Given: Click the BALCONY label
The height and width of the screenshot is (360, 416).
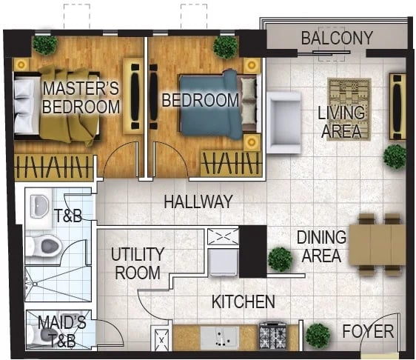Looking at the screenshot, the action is click(x=337, y=38).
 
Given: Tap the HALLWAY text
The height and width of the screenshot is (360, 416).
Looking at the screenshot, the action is click(x=198, y=201).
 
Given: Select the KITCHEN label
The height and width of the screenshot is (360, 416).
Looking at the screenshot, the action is click(x=244, y=301).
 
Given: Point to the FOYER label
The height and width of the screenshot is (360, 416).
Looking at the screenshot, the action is click(x=368, y=331).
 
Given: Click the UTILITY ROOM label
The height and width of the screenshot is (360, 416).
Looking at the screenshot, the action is click(x=138, y=264).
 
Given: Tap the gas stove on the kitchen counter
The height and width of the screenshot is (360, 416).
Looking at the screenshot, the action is click(x=272, y=336).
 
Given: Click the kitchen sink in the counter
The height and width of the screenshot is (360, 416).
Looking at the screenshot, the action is click(x=220, y=336).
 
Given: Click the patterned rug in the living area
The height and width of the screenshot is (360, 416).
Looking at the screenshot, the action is click(x=349, y=109).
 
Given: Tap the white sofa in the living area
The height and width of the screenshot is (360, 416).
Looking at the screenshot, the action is click(x=284, y=122).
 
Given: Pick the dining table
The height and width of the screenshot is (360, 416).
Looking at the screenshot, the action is click(x=377, y=244).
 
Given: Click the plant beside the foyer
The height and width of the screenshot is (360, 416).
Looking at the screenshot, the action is click(x=318, y=336).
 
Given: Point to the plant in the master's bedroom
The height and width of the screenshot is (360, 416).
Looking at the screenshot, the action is click(x=44, y=44).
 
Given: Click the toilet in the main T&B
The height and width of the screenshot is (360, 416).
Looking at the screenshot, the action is click(x=44, y=247).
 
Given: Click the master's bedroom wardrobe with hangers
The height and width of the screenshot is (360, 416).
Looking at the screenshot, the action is click(x=53, y=166).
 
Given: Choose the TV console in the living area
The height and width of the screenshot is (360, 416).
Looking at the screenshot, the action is click(x=397, y=107).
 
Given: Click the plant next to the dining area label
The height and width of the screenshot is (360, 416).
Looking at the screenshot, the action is click(x=280, y=259).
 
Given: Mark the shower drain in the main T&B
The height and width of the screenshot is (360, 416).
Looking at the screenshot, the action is click(x=35, y=284).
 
